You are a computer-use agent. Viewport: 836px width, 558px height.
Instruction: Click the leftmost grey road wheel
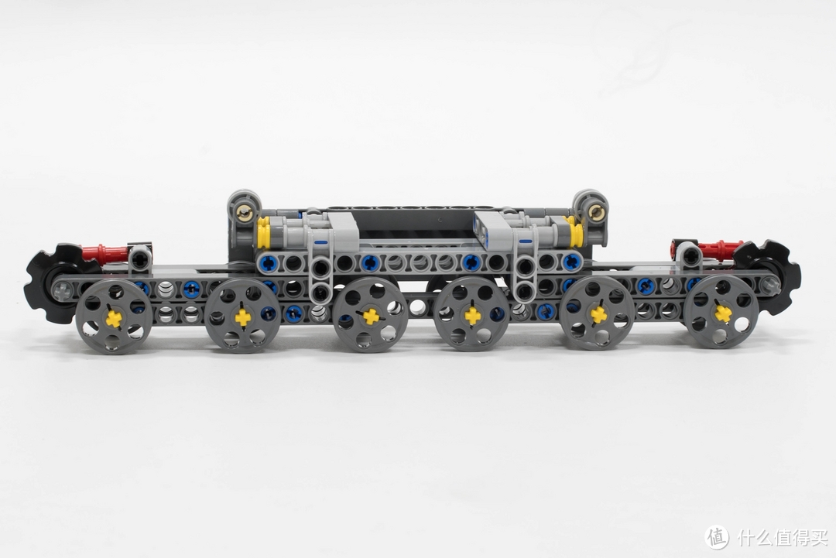point(114,317)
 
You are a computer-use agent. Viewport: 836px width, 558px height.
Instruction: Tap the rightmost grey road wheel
point(721,313)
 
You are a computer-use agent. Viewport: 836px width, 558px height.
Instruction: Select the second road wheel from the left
point(242,316)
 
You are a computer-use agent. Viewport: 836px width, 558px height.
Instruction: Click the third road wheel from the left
point(371,314)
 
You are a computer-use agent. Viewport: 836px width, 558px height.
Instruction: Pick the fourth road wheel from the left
point(472,314)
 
